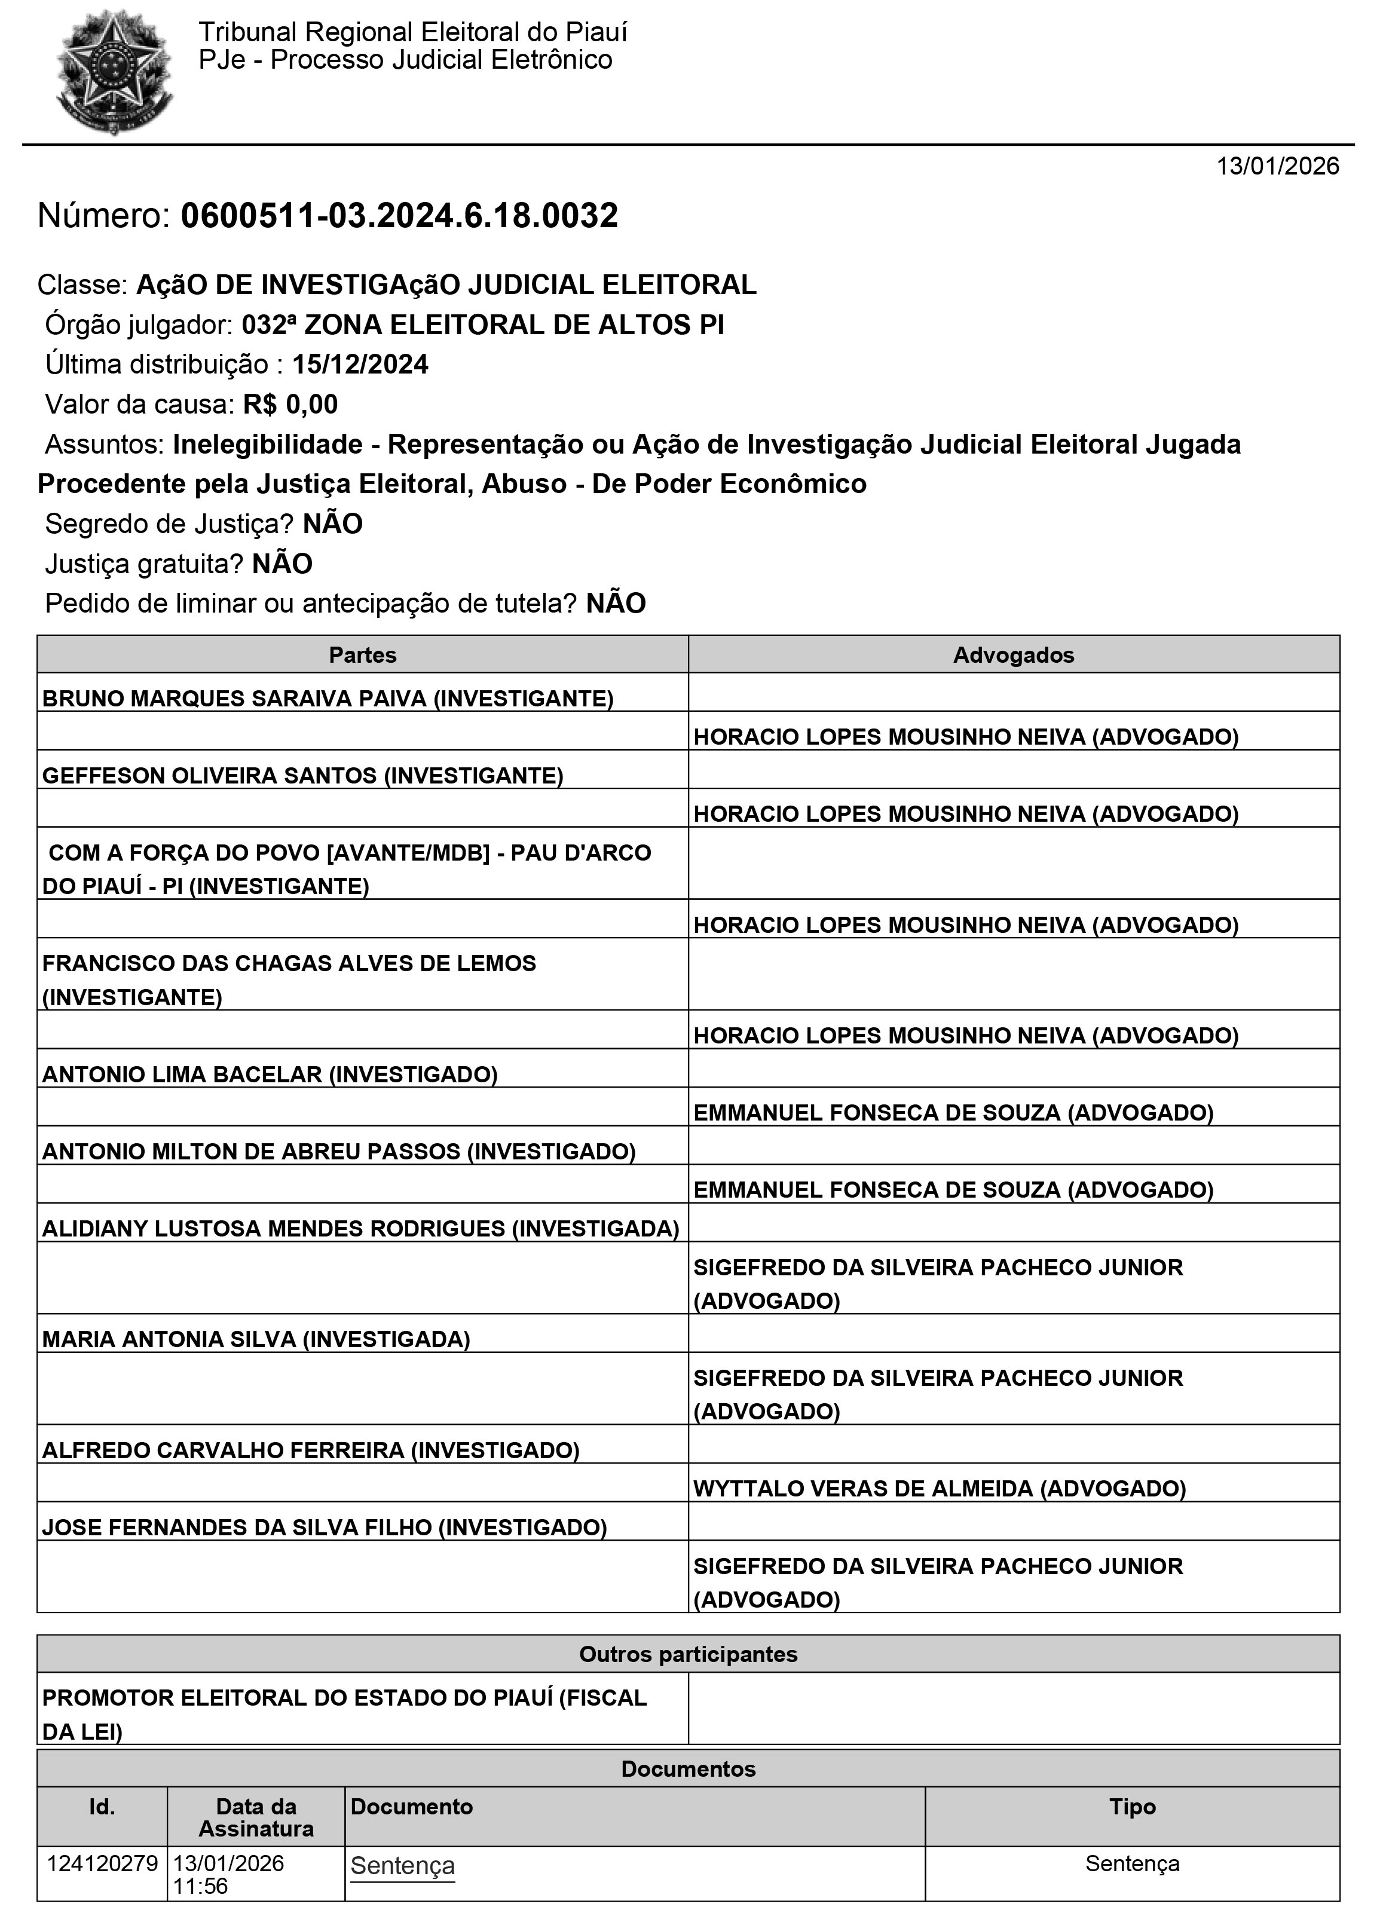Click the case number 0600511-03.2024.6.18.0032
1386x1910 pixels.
point(399,216)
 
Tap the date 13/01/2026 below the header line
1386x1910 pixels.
point(1277,166)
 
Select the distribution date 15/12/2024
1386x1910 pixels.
point(360,365)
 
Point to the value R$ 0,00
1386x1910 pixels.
point(290,404)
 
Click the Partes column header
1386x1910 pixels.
point(362,655)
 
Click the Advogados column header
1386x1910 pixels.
point(1013,655)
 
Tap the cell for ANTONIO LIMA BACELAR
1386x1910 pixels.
point(270,1074)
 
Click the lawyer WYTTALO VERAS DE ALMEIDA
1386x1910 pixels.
point(939,1488)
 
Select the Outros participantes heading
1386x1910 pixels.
point(688,1654)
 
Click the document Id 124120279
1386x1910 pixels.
point(102,1863)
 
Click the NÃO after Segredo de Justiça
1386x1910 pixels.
point(333,524)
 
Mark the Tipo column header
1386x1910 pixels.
point(1132,1807)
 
